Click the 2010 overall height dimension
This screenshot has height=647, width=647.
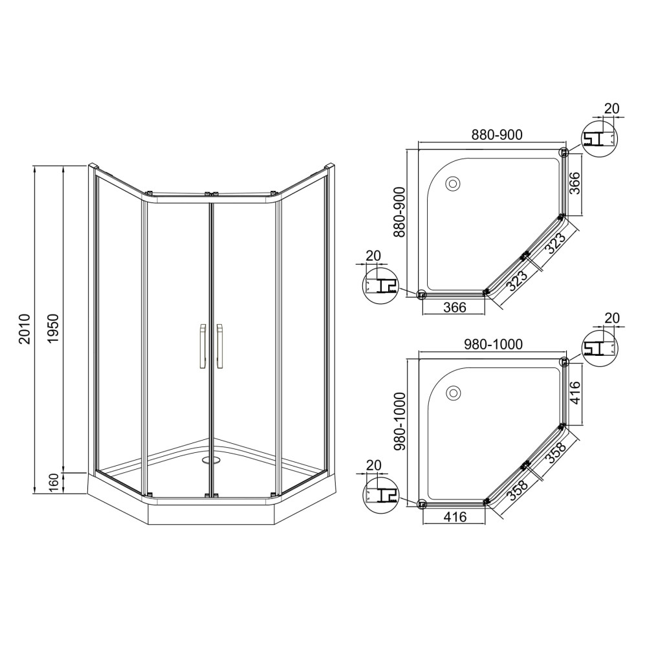pos(25,329)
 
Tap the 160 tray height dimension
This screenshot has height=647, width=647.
pos(54,483)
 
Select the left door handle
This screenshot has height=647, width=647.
pos(202,345)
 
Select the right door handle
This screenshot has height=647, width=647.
pos(221,345)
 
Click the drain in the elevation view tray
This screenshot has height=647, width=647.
pos(210,459)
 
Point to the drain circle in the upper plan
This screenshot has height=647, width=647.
pos(454,183)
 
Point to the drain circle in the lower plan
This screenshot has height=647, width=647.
pos(454,392)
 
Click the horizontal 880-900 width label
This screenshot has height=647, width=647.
pos(497,135)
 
